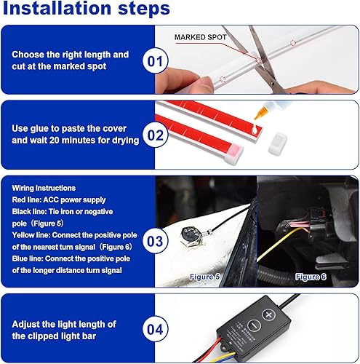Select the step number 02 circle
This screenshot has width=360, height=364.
pos(156,134)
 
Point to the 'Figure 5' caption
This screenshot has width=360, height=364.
pos(206,277)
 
